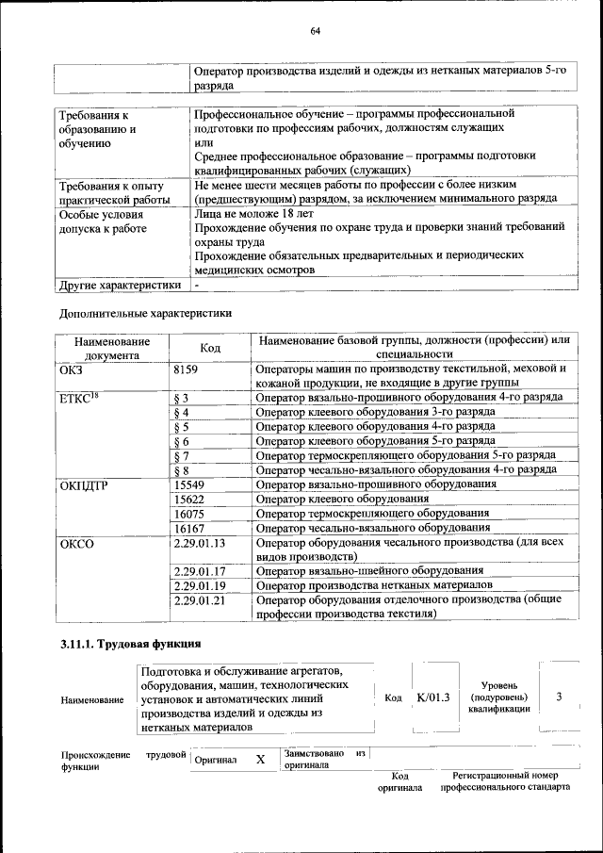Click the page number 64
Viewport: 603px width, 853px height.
click(316, 32)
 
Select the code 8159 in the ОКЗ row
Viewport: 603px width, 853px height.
click(187, 369)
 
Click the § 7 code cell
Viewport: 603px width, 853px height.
click(183, 455)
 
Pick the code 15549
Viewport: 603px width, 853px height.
click(189, 484)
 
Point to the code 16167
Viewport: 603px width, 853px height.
click(189, 528)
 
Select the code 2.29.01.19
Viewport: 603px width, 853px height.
click(199, 585)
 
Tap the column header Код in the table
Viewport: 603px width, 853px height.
click(210, 348)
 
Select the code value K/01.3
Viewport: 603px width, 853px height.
click(432, 697)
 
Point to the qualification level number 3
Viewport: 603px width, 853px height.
click(559, 697)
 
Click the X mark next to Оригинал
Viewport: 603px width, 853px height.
click(260, 759)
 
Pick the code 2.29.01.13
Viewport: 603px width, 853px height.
click(199, 543)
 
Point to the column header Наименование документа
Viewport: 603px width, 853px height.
click(112, 348)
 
